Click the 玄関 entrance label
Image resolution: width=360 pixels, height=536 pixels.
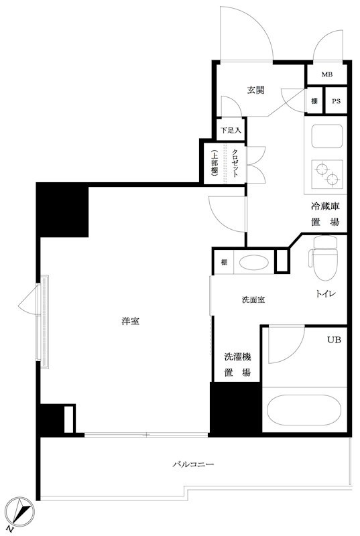point(255,90)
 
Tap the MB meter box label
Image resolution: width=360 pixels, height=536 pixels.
point(326,74)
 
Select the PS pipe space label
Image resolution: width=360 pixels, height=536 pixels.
point(336,101)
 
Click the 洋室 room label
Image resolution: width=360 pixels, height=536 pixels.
point(131,321)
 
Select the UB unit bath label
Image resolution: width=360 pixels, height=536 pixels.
point(333,340)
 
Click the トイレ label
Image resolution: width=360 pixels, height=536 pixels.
point(325,294)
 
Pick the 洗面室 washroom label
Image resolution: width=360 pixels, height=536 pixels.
point(253,299)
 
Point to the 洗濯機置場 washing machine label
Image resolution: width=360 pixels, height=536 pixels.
point(237,365)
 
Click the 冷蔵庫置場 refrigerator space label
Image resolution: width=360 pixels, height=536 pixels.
point(324,215)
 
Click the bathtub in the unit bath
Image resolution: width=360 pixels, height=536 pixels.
point(304,409)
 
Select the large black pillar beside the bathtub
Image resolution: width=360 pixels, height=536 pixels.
point(235,409)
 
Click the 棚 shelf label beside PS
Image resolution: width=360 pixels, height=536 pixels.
point(314,101)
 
